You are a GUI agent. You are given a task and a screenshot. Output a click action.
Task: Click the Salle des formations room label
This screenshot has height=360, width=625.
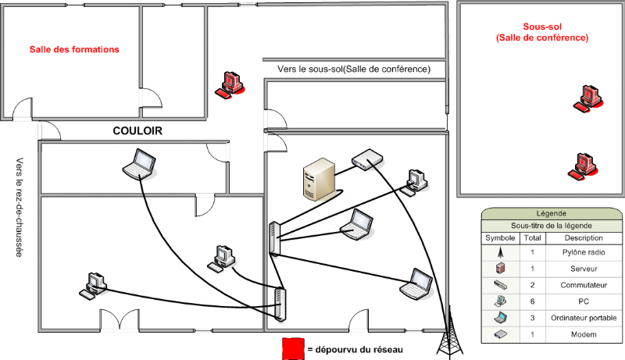74,49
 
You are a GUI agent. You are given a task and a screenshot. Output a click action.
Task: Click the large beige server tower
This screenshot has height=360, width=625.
320,180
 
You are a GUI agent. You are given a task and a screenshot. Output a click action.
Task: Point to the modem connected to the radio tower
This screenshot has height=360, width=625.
366,160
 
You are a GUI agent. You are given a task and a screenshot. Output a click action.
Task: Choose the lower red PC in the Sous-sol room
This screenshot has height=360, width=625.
584,165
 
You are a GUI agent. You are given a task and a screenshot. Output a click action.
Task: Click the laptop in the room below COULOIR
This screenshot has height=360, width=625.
141,162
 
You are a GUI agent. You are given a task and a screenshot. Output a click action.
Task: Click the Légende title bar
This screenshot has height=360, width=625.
552,213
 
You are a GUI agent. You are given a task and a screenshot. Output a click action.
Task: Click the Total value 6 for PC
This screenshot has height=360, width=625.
531,301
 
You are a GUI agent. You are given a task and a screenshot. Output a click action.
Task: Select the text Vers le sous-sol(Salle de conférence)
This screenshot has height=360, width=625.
354,70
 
